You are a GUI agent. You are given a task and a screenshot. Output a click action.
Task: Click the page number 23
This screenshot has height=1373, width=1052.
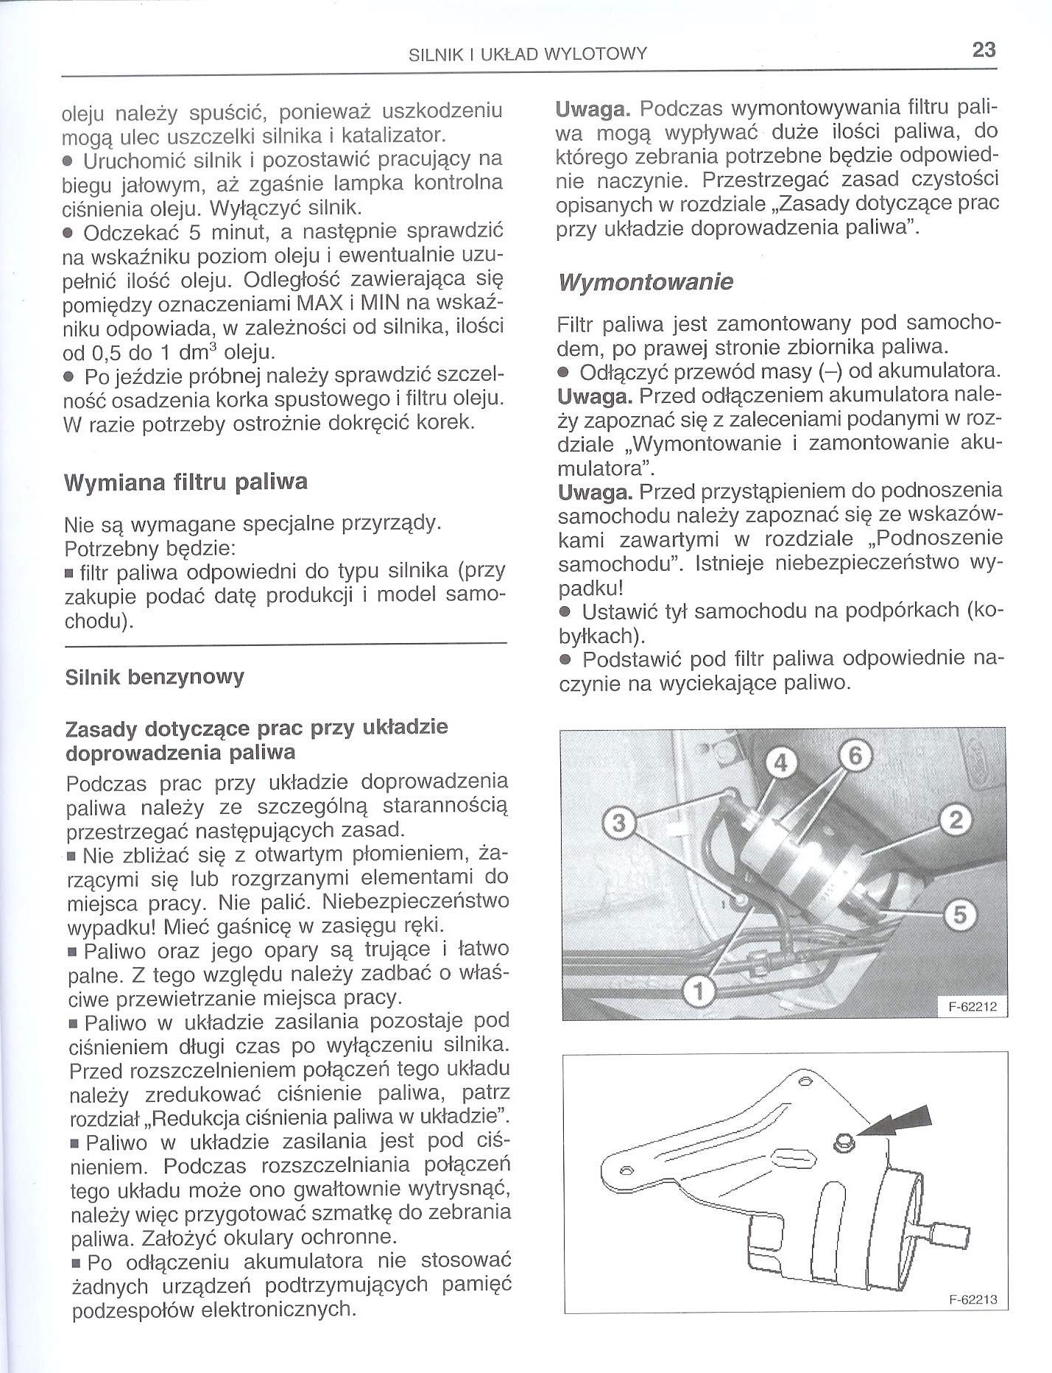[984, 50]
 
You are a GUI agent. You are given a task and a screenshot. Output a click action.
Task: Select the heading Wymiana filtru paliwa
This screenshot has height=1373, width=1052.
[186, 482]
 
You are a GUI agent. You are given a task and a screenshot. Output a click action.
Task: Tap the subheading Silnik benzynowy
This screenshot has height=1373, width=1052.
[155, 677]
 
